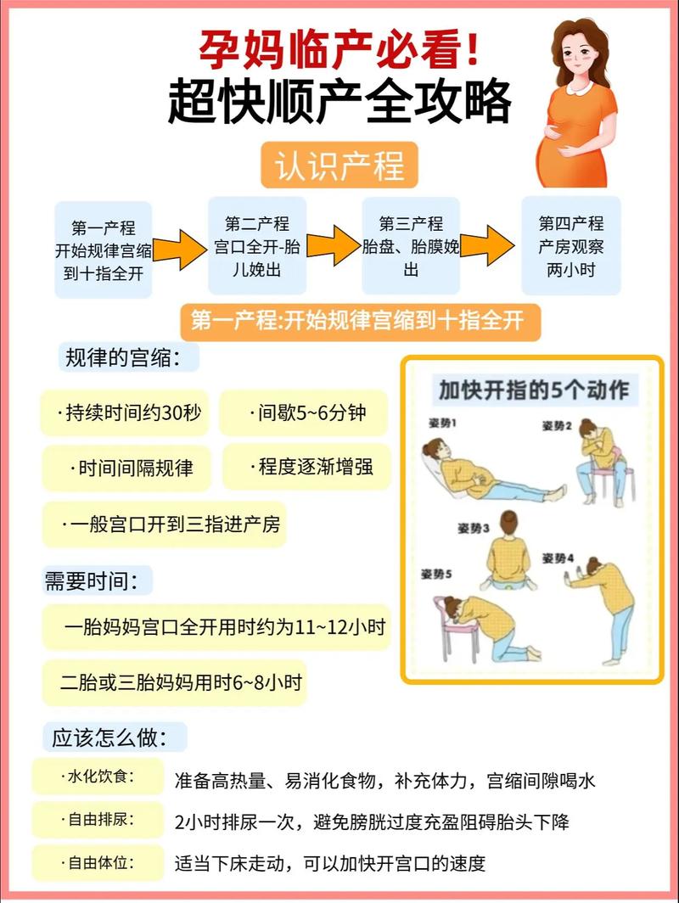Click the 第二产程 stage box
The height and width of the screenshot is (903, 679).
pos(257,246)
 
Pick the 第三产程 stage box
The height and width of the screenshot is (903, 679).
pos(411,246)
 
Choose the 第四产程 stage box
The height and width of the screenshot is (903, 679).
pos(570,246)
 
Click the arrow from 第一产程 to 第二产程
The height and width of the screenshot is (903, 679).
pos(180,250)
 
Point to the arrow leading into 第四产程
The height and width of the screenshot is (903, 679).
pos(488,246)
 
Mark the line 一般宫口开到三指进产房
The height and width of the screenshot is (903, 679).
pos(165,524)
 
